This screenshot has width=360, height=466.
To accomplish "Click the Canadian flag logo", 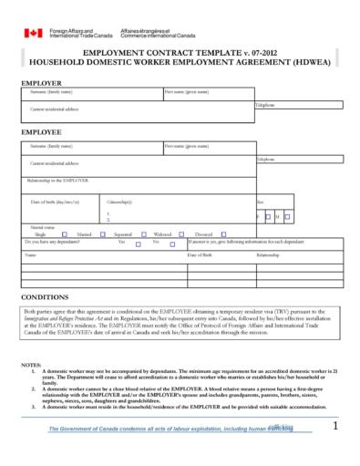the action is click(x=33, y=33).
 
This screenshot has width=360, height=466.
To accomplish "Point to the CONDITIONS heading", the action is click(x=44, y=297).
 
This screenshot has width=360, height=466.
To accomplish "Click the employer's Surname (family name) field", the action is click(x=91, y=95).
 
